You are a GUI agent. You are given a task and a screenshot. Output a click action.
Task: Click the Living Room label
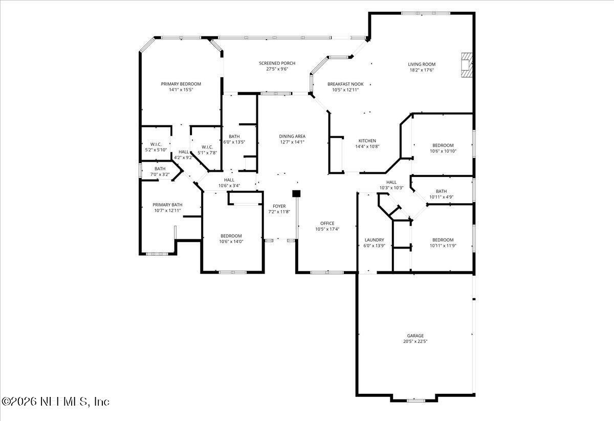(422, 64)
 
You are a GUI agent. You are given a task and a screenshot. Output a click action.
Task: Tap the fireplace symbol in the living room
(467, 65)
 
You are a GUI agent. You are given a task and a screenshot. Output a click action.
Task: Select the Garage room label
(415, 336)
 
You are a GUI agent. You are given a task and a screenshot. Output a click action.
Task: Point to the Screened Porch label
(277, 63)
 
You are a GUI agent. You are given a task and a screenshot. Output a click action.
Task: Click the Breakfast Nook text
(345, 84)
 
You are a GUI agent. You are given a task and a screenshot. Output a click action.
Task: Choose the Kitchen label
(367, 141)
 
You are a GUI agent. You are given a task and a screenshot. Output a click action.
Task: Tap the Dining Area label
(292, 136)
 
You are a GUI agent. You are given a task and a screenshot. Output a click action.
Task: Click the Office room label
(327, 223)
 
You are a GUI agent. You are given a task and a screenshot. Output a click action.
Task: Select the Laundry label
(374, 240)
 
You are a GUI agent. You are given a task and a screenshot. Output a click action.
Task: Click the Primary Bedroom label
(181, 84)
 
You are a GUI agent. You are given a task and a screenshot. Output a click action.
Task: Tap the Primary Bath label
(167, 205)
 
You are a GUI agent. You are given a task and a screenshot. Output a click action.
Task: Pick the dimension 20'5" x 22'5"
(415, 341)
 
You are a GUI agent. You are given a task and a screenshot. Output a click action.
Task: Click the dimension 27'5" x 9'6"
(277, 69)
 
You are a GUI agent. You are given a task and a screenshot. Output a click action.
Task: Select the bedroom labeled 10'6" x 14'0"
(230, 238)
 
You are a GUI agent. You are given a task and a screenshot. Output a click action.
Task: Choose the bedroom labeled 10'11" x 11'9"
(443, 242)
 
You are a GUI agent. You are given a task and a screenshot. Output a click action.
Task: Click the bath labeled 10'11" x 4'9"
(441, 194)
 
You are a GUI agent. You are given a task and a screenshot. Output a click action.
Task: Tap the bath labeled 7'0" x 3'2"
(160, 171)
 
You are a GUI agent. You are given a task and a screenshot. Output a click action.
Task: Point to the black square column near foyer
(296, 193)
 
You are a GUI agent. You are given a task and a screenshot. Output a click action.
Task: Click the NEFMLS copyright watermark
(55, 402)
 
